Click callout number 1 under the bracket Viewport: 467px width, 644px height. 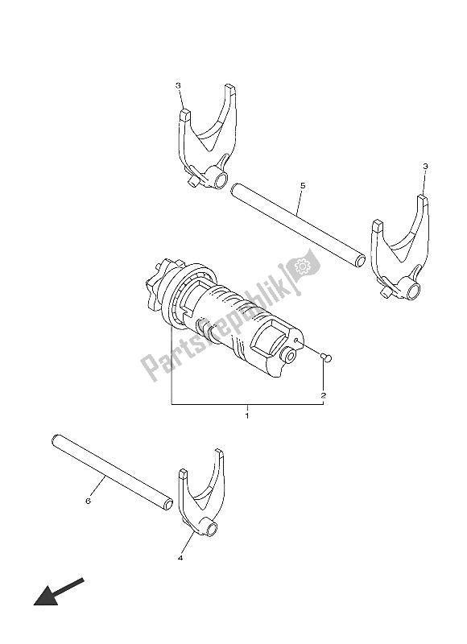[x=246, y=415]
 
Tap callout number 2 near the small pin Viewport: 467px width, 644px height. [x=323, y=395]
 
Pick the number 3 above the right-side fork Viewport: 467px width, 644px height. [x=425, y=167]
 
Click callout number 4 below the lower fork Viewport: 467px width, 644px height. [x=180, y=557]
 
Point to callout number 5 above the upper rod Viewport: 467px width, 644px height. [x=302, y=186]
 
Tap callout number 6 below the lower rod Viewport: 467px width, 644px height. [x=87, y=501]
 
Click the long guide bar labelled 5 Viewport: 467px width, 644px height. [x=298, y=225]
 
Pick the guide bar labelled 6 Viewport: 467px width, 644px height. [x=113, y=473]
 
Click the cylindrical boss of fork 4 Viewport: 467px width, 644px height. [x=212, y=530]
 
